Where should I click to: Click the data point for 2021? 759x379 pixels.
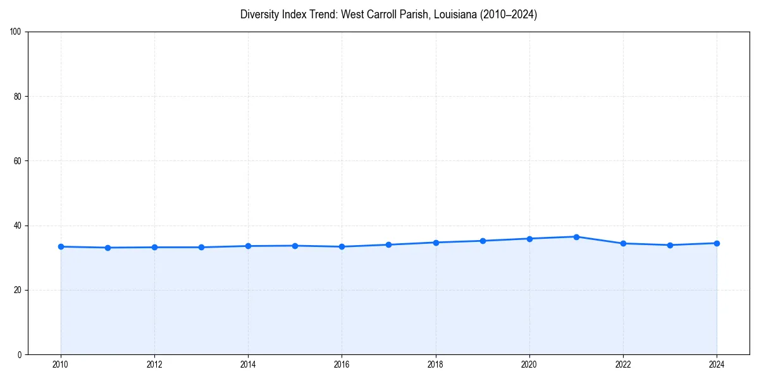pos(576,237)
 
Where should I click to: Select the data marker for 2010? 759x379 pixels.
pos(61,246)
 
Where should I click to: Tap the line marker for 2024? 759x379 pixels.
pos(717,243)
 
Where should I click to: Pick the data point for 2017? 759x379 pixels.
pos(389,244)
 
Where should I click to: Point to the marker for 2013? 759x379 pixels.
pos(201,247)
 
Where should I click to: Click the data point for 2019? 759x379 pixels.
pos(483,241)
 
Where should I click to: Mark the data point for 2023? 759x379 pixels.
pos(670,245)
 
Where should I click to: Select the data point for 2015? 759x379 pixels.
pos(295,246)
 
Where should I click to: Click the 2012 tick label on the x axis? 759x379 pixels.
pos(154,364)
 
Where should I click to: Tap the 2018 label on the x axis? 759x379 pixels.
pos(436,364)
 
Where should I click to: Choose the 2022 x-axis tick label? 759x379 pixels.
pos(623,364)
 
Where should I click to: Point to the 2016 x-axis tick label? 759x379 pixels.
pos(342,364)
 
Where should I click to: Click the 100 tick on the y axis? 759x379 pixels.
pos(17,32)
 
